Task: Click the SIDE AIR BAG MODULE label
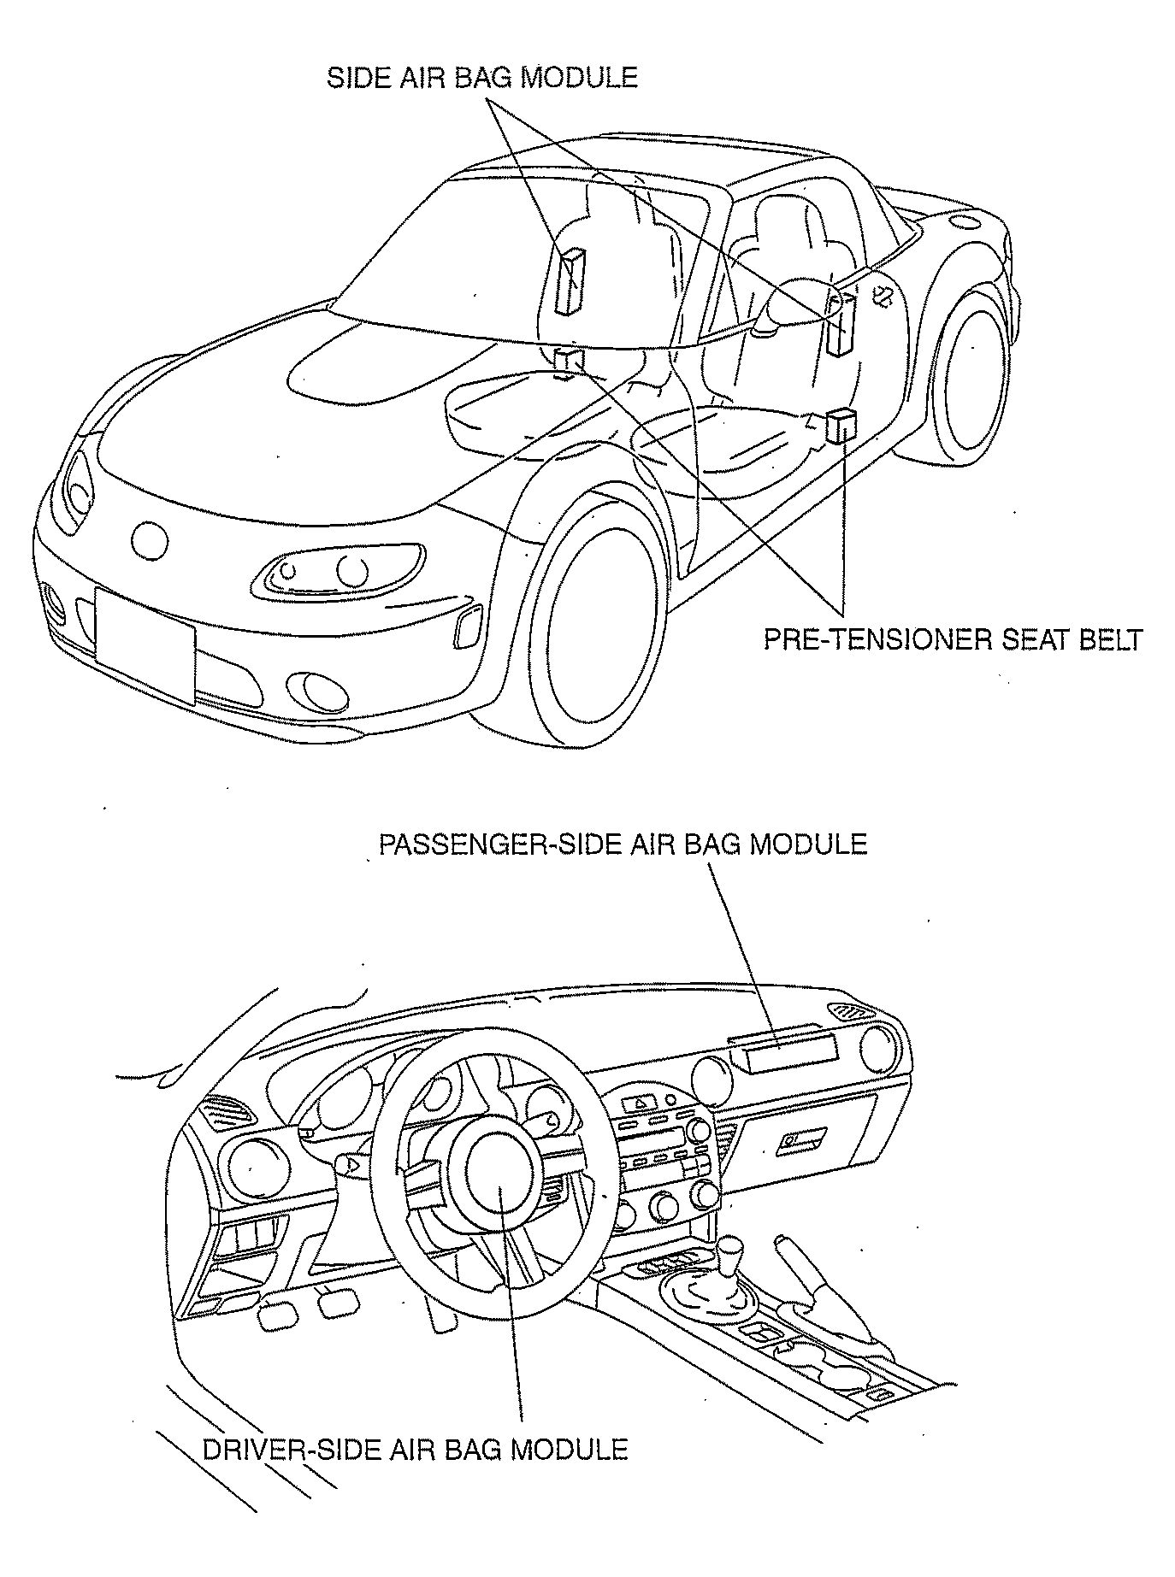click(482, 78)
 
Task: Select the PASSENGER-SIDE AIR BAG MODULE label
click(623, 844)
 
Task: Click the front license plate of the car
click(145, 644)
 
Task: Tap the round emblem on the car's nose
click(150, 540)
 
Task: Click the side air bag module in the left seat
click(570, 281)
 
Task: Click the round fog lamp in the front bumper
click(314, 691)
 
